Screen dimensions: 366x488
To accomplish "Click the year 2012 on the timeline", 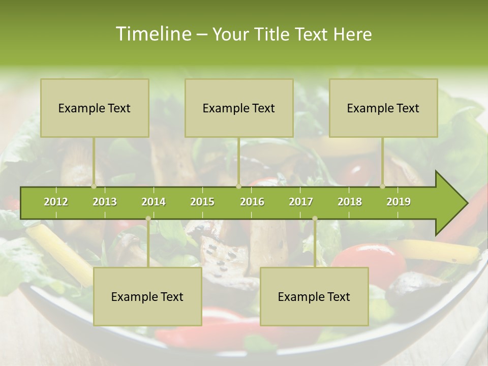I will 56,202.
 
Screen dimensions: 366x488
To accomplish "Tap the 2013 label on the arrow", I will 105,202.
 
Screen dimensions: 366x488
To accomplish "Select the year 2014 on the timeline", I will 154,202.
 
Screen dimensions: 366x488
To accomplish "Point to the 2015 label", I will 202,202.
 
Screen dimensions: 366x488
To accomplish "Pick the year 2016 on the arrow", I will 252,202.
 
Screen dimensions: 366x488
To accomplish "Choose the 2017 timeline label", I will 301,202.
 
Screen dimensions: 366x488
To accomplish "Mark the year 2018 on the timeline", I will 350,202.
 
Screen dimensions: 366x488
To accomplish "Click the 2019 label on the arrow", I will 399,202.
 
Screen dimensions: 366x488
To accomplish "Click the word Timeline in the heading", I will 152,34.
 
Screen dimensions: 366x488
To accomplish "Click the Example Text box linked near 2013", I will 95,108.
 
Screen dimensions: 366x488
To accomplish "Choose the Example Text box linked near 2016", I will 239,108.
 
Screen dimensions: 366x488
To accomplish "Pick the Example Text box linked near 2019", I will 383,108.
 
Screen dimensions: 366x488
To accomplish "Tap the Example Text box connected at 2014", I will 147,296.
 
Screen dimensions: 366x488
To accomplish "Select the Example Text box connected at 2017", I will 314,296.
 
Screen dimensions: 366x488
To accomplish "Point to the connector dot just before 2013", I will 94,186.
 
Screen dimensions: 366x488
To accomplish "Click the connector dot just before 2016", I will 238,186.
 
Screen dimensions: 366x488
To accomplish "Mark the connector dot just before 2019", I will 383,186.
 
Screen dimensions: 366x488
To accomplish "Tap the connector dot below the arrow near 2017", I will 315,219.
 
